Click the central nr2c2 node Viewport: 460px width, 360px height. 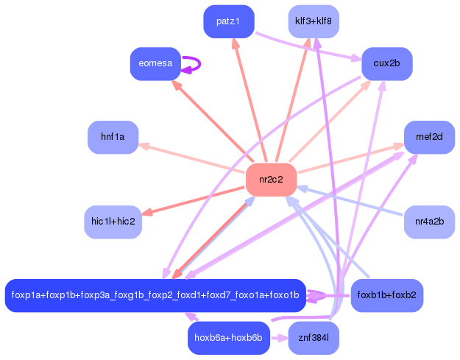(x=271, y=180)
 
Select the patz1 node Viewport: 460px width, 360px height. (x=229, y=21)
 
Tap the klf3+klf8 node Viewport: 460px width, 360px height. (x=314, y=21)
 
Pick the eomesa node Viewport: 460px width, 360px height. (x=155, y=63)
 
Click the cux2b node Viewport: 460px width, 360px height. (x=387, y=63)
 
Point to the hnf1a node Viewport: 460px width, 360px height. (x=113, y=137)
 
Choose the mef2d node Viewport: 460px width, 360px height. (x=430, y=137)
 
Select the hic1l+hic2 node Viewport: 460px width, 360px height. (x=113, y=222)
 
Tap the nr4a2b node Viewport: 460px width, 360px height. (x=430, y=222)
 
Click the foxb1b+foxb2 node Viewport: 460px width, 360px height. (x=387, y=295)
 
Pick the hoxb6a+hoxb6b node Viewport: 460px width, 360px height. (x=229, y=338)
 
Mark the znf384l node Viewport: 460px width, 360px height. (x=314, y=338)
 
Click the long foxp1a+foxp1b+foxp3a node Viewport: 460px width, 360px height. (x=155, y=295)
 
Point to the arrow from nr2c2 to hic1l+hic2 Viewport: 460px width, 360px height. (x=194, y=200)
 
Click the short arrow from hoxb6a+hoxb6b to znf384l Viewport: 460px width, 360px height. (x=279, y=338)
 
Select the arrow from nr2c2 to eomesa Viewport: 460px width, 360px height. (x=212, y=121)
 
